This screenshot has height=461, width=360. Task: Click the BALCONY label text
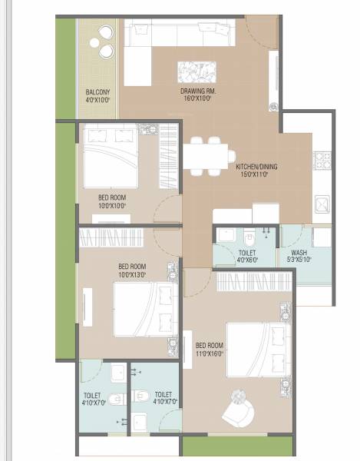tap(97, 92)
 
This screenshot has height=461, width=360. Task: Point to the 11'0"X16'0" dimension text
tap(209, 353)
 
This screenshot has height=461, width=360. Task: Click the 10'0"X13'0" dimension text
tap(132, 274)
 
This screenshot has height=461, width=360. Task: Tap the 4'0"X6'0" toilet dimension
tap(247, 260)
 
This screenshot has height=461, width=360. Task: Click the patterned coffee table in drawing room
tap(196, 72)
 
